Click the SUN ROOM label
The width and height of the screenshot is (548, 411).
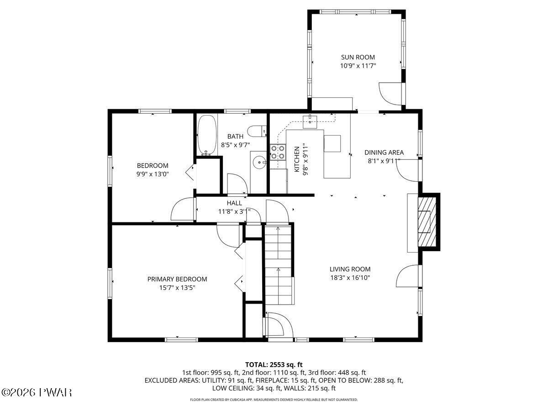tap(358, 57)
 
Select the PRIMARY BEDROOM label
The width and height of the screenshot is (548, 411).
tap(177, 279)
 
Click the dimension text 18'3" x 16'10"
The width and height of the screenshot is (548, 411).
tap(350, 278)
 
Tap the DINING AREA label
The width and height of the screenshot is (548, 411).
tap(384, 153)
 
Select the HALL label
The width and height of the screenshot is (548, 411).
tap(234, 203)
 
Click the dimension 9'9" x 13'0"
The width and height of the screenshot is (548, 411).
tap(153, 174)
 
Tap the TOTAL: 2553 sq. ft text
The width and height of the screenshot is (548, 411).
tap(274, 364)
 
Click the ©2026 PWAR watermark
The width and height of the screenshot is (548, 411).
tap(37, 392)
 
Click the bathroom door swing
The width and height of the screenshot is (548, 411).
tap(237, 184)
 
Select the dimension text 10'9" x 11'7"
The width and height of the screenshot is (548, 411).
tap(358, 66)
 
